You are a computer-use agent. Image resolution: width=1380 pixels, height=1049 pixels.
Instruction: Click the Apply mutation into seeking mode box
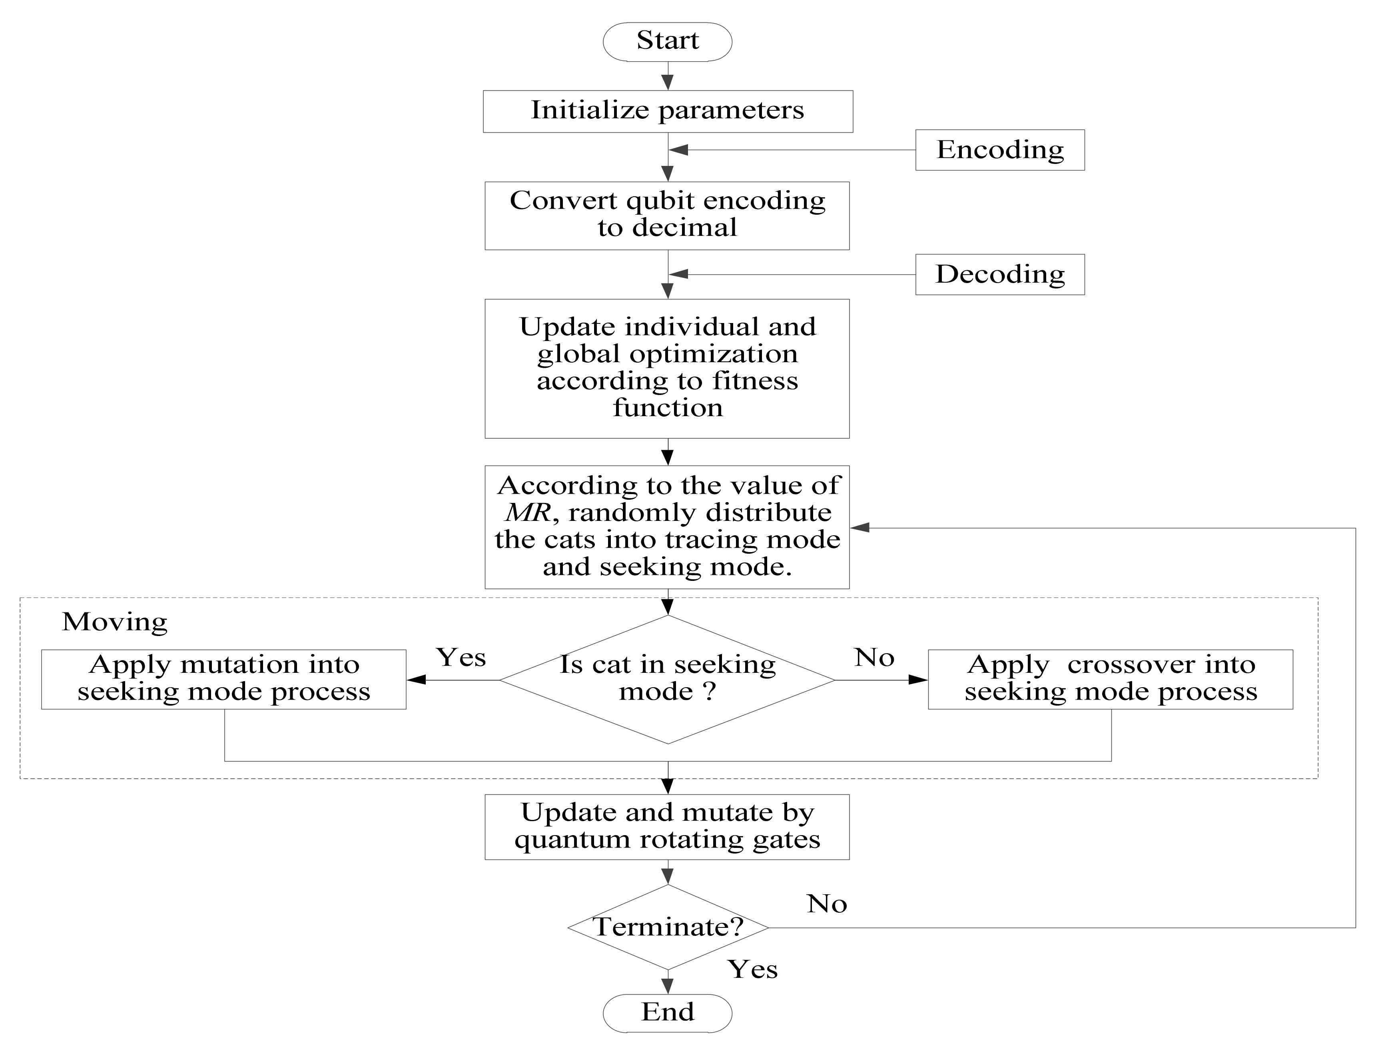pos(223,679)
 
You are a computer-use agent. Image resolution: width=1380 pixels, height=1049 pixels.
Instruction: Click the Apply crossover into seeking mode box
pos(1110,679)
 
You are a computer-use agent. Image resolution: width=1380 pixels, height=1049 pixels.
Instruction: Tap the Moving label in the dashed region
pos(114,622)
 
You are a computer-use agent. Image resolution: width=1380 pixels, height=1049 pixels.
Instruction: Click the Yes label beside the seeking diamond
pos(461,658)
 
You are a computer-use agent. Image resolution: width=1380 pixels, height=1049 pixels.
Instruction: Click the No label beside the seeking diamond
pos(874,658)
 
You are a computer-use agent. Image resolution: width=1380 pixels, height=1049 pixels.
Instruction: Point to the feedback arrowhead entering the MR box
pos(860,528)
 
